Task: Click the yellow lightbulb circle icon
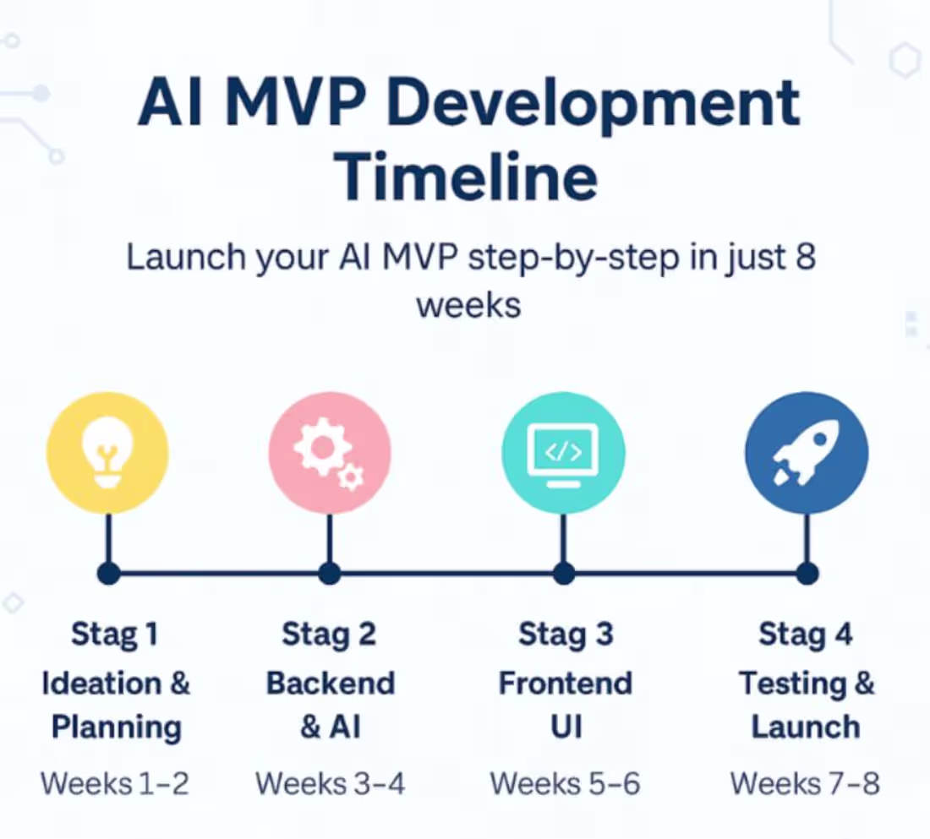(x=107, y=454)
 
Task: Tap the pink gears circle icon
(x=330, y=454)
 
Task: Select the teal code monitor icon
(x=563, y=454)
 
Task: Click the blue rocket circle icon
(x=806, y=454)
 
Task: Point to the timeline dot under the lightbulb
(x=107, y=574)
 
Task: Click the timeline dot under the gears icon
(x=330, y=574)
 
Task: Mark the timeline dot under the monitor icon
(x=564, y=574)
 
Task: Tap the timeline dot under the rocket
(x=807, y=574)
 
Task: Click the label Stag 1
(x=114, y=635)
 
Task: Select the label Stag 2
(x=329, y=635)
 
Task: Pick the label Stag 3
(x=565, y=635)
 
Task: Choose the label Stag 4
(x=805, y=635)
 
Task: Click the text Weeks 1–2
(x=114, y=783)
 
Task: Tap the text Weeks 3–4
(x=330, y=783)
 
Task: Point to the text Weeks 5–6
(x=565, y=783)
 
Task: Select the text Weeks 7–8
(x=805, y=783)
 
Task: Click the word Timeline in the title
(x=467, y=175)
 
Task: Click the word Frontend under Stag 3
(x=565, y=683)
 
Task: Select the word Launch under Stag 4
(x=805, y=727)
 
